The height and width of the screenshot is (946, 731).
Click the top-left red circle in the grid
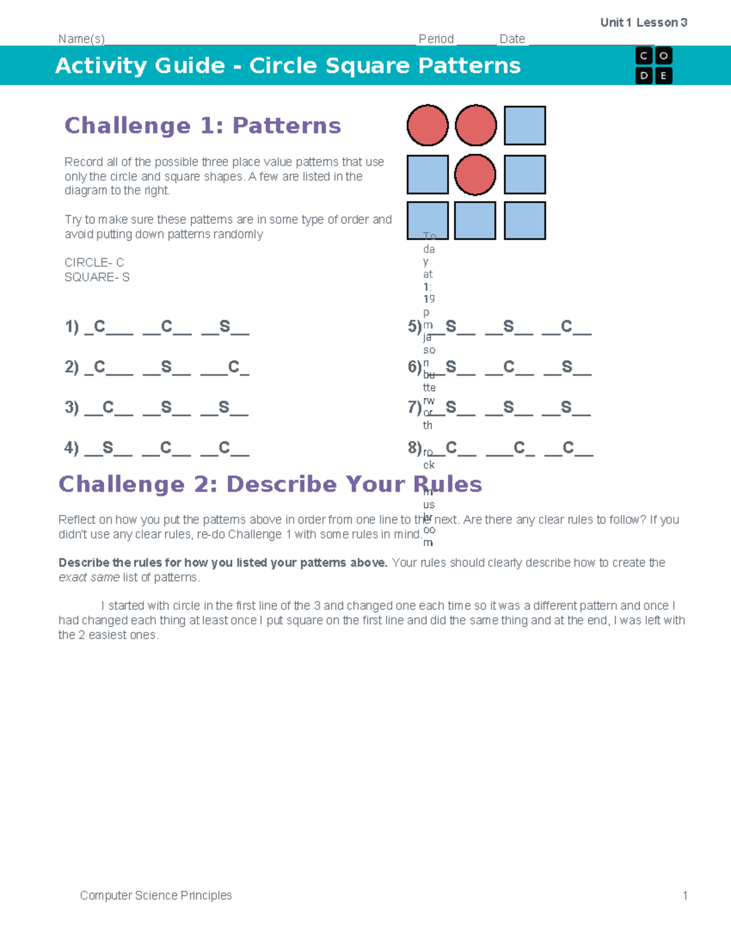pos(428,125)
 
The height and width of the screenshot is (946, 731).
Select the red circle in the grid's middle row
pos(475,175)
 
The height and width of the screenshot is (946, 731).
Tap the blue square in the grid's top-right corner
pos(524,125)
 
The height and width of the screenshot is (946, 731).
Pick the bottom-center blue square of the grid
pos(475,221)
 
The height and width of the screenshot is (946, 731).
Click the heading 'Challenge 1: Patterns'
pos(202,125)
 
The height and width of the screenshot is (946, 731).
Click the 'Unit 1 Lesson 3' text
pos(643,23)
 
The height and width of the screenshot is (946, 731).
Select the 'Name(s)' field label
pos(82,39)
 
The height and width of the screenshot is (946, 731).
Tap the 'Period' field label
pos(436,39)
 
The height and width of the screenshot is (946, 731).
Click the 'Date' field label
pos(512,39)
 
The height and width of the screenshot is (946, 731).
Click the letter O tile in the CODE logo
pos(663,56)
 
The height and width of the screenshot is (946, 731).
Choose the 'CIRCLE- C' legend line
pos(94,263)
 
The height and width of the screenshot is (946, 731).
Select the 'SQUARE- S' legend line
pos(97,277)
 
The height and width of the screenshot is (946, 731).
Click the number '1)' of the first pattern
pos(72,327)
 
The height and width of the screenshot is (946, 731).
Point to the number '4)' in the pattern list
pos(72,448)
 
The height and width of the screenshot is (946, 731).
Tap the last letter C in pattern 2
pos(234,367)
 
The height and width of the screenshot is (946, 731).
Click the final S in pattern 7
pos(566,408)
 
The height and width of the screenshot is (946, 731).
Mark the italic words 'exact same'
pos(89,577)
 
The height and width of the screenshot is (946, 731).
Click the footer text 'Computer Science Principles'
pos(156,895)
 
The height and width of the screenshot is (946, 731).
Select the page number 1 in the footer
pos(685,895)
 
